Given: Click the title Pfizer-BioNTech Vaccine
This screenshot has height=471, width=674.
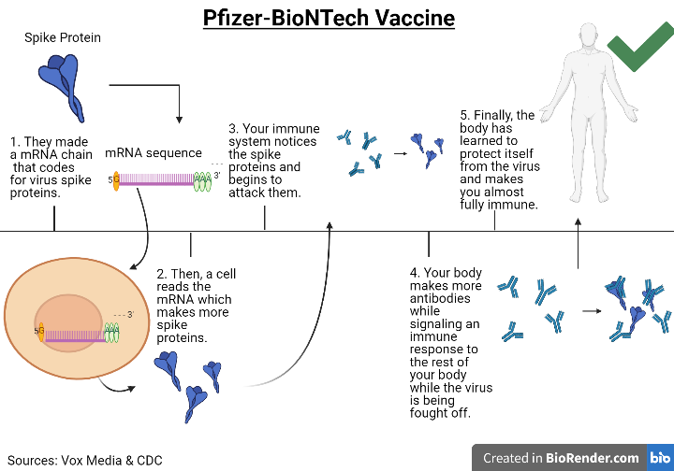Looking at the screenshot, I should [330, 18].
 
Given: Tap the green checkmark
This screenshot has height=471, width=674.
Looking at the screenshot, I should [639, 40].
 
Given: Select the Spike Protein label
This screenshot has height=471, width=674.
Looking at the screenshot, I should [63, 38].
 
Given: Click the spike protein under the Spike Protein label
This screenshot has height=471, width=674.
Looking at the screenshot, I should [63, 80].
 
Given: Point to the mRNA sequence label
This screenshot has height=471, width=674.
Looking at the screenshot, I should [153, 152].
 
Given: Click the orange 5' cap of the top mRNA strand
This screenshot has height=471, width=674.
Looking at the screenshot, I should [116, 180].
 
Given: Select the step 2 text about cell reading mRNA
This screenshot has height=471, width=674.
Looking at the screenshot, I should [197, 306].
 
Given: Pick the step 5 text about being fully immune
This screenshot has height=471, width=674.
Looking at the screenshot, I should [498, 160].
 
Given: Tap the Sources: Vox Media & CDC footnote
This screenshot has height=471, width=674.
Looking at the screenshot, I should [84, 460].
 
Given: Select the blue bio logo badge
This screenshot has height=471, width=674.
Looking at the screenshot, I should [658, 458].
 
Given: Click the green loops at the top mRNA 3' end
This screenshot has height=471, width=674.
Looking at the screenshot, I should [202, 180].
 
